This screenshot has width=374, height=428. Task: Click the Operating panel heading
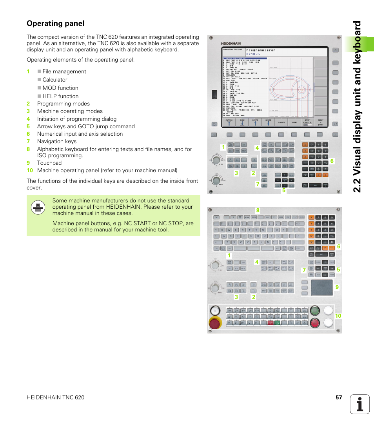tap(55, 24)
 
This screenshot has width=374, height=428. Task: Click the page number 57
tap(339, 397)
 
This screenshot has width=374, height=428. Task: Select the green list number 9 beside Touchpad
tap(28, 163)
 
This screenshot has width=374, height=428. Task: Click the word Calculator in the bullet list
tap(55, 80)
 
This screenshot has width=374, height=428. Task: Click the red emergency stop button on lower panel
tap(214, 324)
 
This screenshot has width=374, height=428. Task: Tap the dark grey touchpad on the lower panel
tap(321, 287)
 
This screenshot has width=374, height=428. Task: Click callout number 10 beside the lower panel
tap(338, 315)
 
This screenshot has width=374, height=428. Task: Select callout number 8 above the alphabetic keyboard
tap(258, 211)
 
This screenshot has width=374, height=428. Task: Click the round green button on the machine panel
tap(314, 311)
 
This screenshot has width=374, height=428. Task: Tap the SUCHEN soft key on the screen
tap(281, 122)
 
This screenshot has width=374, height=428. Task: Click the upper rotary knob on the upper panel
tap(215, 160)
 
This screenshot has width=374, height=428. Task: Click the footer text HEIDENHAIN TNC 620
tap(55, 397)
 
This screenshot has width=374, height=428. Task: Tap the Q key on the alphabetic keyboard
tap(222, 230)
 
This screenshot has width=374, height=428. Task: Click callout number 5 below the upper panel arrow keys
tap(283, 191)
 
